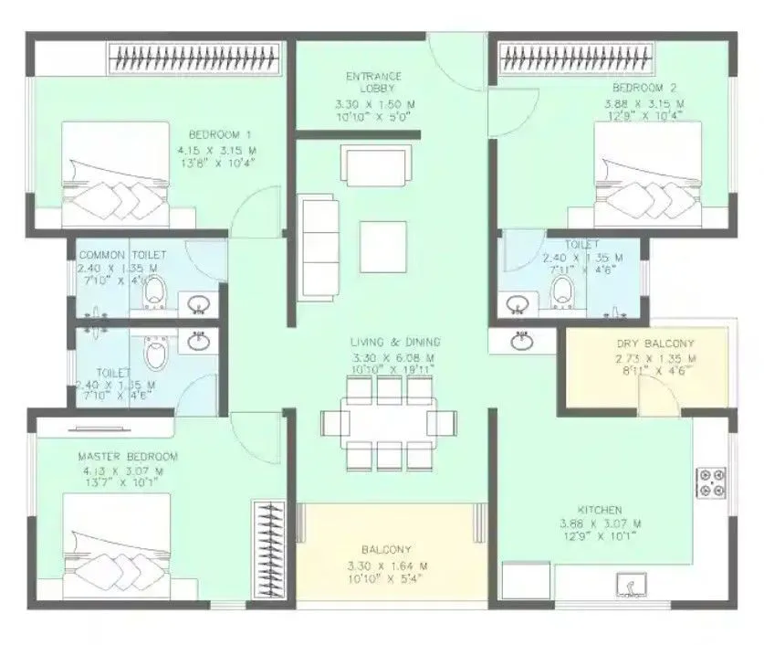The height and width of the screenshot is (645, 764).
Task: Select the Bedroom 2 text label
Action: [644, 89]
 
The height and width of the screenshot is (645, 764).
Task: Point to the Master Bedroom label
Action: [128, 456]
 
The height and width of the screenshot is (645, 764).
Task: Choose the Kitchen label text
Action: [600, 510]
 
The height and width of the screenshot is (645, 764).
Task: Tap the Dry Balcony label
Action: [655, 344]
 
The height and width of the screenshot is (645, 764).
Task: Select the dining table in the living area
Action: [389, 422]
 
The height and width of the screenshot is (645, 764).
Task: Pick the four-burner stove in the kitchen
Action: [711, 482]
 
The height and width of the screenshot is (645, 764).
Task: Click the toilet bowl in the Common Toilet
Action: [156, 291]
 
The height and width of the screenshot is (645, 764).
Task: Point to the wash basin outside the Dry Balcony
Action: [521, 341]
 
